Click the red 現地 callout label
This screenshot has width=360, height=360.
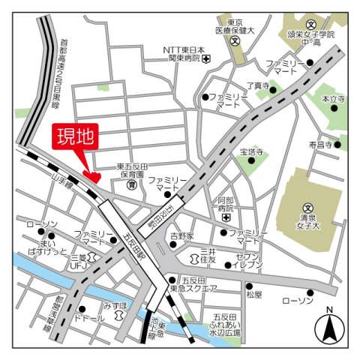pos(76,138)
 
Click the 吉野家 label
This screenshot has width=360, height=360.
pos(181,235)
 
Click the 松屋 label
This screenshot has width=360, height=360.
pos(254,295)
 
